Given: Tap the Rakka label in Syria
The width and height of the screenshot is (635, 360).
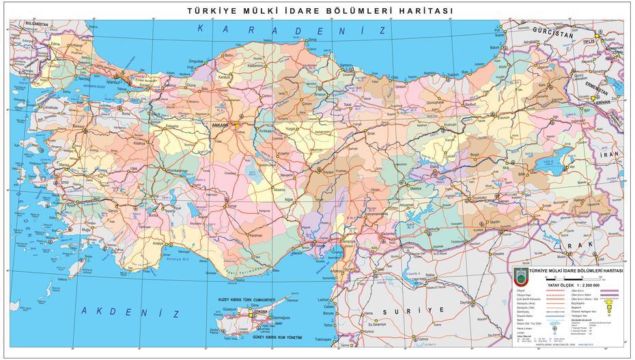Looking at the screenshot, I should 430,275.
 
